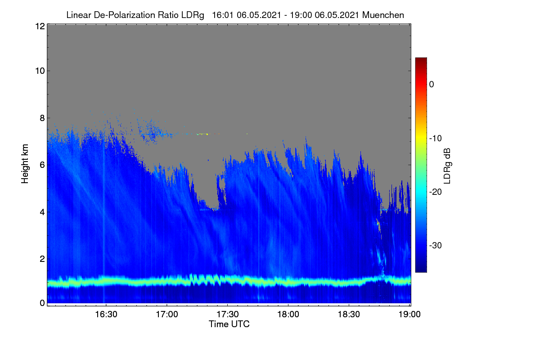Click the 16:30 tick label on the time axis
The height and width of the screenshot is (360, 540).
pyautogui.click(x=106, y=315)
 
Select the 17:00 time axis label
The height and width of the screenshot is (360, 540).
pyautogui.click(x=167, y=315)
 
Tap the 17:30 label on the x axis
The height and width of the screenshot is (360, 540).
pyautogui.click(x=228, y=315)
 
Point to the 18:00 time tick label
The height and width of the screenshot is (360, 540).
pyautogui.click(x=288, y=315)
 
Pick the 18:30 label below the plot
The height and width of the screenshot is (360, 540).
pyautogui.click(x=349, y=315)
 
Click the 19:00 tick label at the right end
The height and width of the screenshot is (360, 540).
pyautogui.click(x=409, y=315)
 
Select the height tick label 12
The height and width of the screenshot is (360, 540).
pyautogui.click(x=40, y=26)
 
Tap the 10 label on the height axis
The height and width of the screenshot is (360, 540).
pyautogui.click(x=40, y=71)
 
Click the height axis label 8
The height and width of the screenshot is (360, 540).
pyautogui.click(x=42, y=118)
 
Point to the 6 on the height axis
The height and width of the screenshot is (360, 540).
pyautogui.click(x=42, y=165)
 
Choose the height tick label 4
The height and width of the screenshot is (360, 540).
pyautogui.click(x=42, y=212)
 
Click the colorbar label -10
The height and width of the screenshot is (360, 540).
pyautogui.click(x=436, y=139)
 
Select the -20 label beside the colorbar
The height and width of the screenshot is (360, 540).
pyautogui.click(x=436, y=192)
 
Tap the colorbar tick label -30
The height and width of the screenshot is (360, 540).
pyautogui.click(x=436, y=245)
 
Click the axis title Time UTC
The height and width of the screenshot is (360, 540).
pyautogui.click(x=229, y=324)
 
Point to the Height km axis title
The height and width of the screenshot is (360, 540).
pyautogui.click(x=25, y=164)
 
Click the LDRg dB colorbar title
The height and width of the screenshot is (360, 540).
pyautogui.click(x=447, y=166)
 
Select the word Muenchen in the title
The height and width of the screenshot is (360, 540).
pyautogui.click(x=383, y=15)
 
